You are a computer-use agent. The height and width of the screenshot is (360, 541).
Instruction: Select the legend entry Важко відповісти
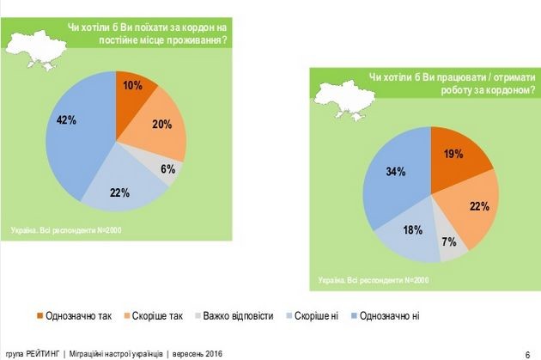(236, 316)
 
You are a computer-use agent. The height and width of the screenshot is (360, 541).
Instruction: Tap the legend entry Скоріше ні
(314, 316)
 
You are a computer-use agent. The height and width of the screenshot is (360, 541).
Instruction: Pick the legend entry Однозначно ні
(387, 316)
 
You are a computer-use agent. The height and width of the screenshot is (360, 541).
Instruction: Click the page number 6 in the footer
(526, 353)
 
